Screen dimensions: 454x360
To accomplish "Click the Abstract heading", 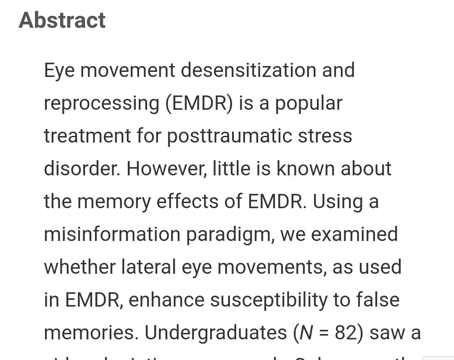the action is pos(62,20).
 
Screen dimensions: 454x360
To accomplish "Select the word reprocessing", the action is pos(101,103).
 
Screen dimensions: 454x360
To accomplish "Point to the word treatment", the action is pos(87,136).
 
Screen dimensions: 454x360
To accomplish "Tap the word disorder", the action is pos(82,169).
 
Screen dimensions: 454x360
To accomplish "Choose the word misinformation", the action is pos(112,234).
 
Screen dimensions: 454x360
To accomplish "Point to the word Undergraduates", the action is pos(216,333).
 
